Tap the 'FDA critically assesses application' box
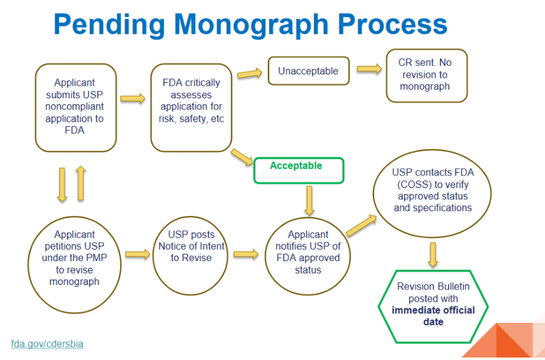192,106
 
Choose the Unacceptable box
308,70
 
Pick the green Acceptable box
299,169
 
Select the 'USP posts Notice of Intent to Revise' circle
191,252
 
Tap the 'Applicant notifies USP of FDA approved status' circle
308,252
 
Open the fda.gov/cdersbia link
47,344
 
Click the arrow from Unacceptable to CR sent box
368,68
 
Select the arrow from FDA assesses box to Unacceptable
249,73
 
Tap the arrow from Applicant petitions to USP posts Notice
138,254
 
